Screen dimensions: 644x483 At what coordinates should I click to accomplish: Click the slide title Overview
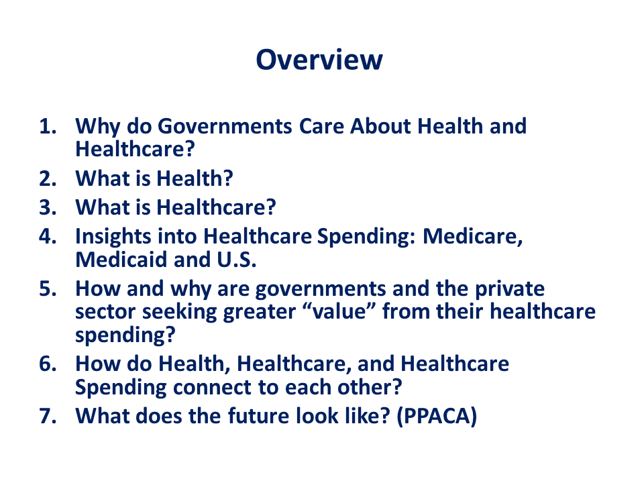[x=319, y=60]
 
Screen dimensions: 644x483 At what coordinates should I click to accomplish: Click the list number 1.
[x=48, y=126]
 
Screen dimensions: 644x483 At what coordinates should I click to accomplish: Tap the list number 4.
[x=48, y=236]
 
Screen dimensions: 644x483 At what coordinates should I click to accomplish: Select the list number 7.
[x=48, y=416]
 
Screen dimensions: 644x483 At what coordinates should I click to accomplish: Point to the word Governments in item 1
[x=225, y=126]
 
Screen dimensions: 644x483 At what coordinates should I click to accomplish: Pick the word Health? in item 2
[x=195, y=178]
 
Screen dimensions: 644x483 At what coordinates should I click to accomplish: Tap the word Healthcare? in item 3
[x=217, y=207]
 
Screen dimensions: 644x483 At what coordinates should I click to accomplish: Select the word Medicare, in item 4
[x=473, y=237]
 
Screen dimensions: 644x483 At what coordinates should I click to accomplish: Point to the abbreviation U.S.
[x=237, y=260]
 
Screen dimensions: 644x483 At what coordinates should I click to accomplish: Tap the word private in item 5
[x=510, y=289]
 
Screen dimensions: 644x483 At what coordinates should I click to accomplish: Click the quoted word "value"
[x=339, y=311]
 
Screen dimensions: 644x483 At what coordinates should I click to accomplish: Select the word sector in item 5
[x=105, y=312]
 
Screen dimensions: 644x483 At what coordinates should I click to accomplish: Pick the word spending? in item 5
[x=125, y=335]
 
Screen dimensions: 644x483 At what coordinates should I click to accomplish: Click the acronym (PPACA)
[x=437, y=416]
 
